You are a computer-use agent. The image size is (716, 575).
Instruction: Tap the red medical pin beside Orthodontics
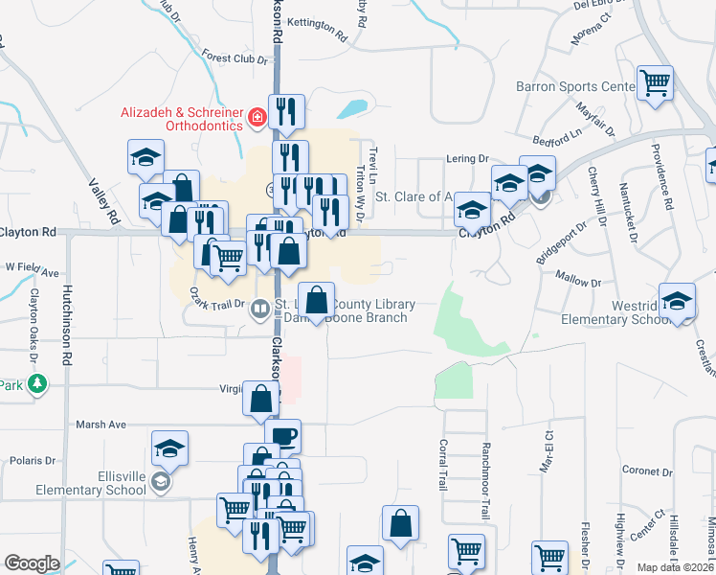257,118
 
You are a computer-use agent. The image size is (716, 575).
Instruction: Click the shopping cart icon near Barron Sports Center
656,83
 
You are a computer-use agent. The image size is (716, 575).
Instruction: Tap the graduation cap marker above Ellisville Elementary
169,448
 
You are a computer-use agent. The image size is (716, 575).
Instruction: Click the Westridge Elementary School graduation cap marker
678,304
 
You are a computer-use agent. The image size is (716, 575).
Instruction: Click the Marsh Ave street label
101,424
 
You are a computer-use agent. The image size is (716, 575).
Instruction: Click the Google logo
32,563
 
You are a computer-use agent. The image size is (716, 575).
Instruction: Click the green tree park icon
37,384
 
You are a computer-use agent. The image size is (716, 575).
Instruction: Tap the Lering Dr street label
467,159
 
